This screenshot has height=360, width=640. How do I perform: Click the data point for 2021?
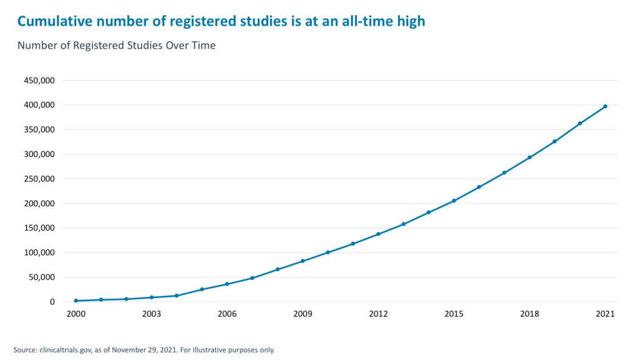[x=605, y=106]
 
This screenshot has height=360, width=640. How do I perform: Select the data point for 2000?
[x=76, y=301]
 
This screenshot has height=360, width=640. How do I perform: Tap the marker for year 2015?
[x=454, y=201]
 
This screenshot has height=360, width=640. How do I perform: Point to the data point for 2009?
[x=302, y=261]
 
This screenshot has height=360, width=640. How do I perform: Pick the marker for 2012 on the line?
[x=378, y=234]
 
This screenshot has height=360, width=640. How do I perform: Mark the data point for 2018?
[x=529, y=157]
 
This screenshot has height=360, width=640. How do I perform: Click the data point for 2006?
[x=227, y=284]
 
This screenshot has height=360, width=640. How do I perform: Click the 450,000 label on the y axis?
[x=39, y=81]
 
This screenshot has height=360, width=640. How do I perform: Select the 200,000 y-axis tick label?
[x=39, y=204]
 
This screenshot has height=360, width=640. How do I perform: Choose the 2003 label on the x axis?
[x=151, y=314]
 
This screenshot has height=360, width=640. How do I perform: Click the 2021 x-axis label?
[x=605, y=314]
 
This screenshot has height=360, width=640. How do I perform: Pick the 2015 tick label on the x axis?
[x=454, y=314]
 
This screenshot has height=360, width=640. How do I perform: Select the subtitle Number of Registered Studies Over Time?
[x=116, y=46]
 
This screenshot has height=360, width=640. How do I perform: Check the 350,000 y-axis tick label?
[x=39, y=130]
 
